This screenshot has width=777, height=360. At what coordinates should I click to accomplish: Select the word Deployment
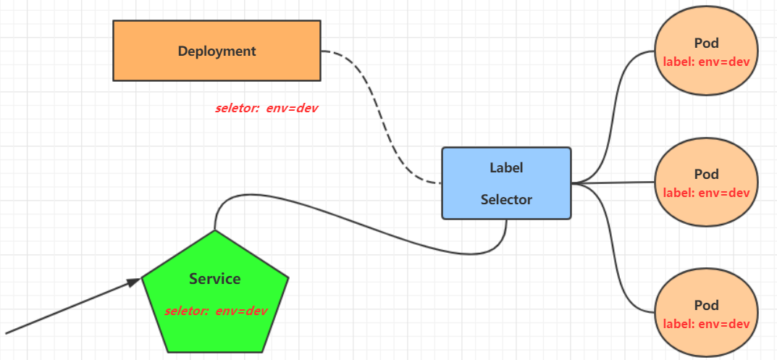pyautogui.click(x=217, y=51)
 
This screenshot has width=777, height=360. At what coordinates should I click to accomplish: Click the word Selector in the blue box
pyautogui.click(x=506, y=199)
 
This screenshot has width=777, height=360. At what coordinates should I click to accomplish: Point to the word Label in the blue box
pyautogui.click(x=506, y=167)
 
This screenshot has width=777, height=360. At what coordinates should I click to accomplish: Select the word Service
pyautogui.click(x=215, y=279)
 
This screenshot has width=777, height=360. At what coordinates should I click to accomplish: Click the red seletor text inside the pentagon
pyautogui.click(x=216, y=311)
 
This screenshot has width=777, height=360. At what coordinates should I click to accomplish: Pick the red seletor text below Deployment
pyautogui.click(x=266, y=109)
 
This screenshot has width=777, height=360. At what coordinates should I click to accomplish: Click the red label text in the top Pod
pyautogui.click(x=707, y=62)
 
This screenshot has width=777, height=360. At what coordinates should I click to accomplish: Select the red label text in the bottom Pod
pyautogui.click(x=707, y=323)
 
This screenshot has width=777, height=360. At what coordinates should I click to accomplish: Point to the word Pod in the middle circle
pyautogui.click(x=707, y=175)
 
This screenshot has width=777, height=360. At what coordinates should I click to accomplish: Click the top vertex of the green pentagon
pyautogui.click(x=215, y=231)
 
